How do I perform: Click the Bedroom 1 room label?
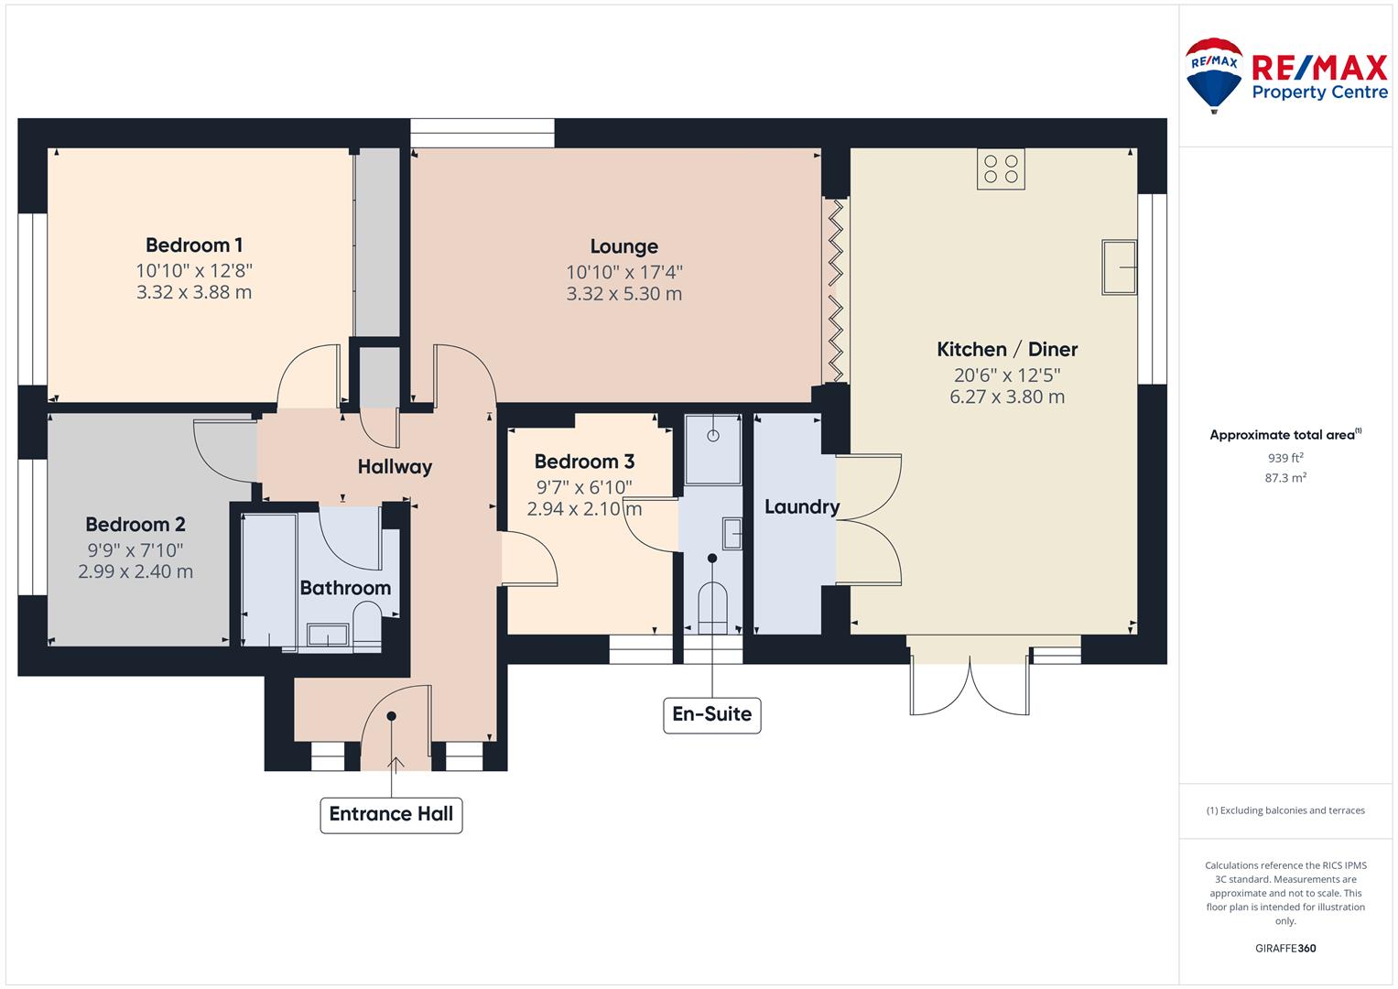click(194, 245)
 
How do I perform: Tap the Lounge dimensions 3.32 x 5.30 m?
click(624, 293)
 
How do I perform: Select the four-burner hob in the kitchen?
click(1001, 168)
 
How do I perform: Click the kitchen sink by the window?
click(1119, 266)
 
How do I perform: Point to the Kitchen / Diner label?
click(1007, 349)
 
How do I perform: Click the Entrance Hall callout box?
click(391, 815)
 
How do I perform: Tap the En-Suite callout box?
click(712, 715)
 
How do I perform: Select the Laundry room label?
click(802, 507)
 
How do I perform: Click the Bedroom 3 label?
click(584, 462)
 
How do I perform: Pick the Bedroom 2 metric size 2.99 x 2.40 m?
click(135, 571)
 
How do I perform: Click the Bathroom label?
click(345, 588)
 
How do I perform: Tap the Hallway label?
click(396, 467)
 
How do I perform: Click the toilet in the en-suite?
click(712, 608)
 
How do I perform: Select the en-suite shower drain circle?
click(712, 436)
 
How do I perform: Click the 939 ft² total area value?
click(1285, 458)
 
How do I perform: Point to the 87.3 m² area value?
click(1285, 478)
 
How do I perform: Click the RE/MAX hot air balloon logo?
click(1214, 75)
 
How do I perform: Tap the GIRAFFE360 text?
click(1285, 948)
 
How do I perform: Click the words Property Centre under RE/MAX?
click(1320, 92)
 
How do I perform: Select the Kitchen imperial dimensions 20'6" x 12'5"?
click(1007, 375)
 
